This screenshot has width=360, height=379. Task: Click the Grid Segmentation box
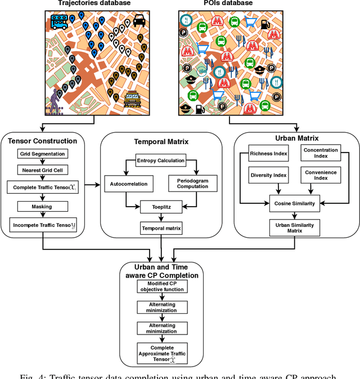43,154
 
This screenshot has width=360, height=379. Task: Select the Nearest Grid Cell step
43,170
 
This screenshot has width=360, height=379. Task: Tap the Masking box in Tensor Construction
43,207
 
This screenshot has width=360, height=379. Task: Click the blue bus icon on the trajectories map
60,22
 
